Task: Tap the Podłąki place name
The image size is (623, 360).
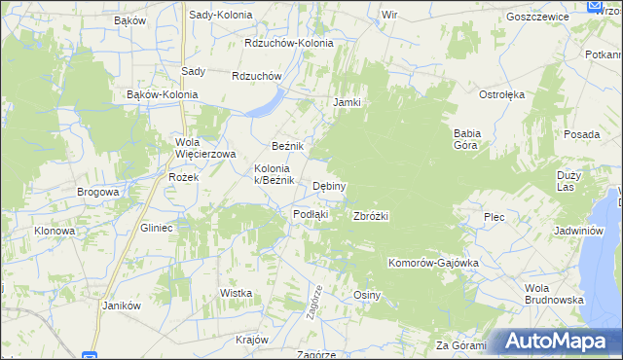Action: [x=311, y=214]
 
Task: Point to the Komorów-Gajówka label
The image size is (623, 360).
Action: [x=435, y=263]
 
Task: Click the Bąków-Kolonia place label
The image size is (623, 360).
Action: [x=163, y=94]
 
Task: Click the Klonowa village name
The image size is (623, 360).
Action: [x=55, y=231]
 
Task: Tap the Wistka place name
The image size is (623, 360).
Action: [x=237, y=293]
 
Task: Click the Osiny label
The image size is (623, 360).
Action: [x=366, y=295]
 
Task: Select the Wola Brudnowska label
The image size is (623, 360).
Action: [x=553, y=294]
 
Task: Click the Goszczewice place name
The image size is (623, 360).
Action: [x=537, y=18]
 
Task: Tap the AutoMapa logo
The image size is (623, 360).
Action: [x=561, y=341]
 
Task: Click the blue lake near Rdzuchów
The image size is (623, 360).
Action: [x=266, y=104]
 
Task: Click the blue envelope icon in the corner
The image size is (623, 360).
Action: [x=596, y=7]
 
